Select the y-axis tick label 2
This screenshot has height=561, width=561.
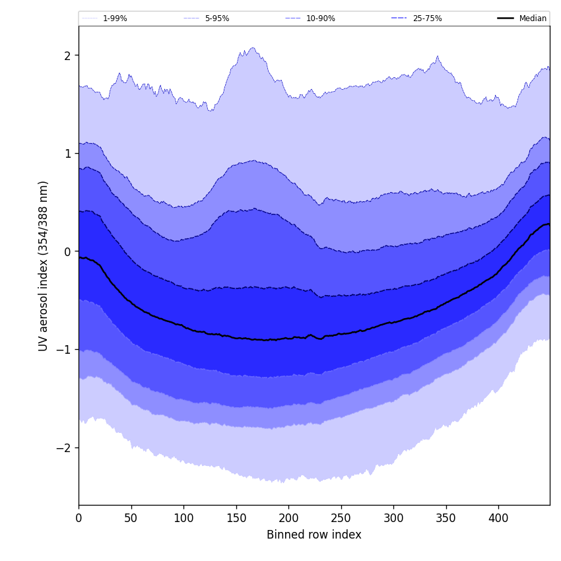coord(67,55)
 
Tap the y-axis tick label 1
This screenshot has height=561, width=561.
coord(67,153)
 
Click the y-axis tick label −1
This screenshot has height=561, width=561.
coord(63,349)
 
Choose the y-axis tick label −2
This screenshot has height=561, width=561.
coord(63,447)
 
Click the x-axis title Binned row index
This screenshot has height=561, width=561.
coord(314,535)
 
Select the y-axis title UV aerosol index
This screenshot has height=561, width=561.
coord(44,265)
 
